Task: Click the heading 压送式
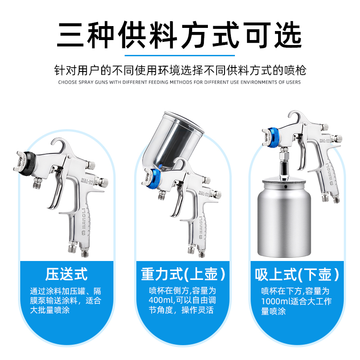(66, 274)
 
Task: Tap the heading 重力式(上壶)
(183, 274)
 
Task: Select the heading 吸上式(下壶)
(297, 274)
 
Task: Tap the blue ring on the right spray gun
(273, 138)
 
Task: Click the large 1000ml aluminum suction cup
(284, 218)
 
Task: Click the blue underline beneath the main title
(180, 55)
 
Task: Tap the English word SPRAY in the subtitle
(86, 82)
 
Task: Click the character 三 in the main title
(70, 35)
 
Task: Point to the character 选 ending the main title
(288, 35)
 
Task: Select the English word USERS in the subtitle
(293, 82)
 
